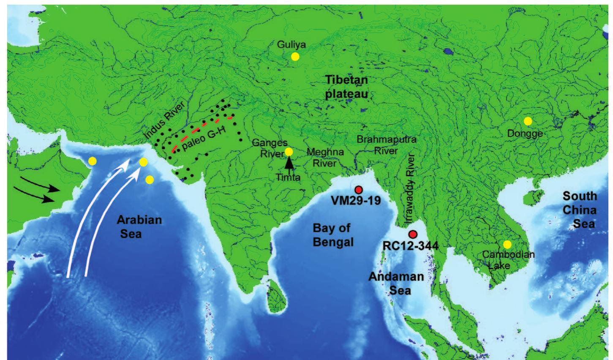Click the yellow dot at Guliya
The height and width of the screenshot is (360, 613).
pyautogui.click(x=295, y=56)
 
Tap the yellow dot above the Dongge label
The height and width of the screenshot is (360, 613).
pyautogui.click(x=528, y=121)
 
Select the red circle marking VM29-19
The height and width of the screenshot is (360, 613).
pyautogui.click(x=359, y=190)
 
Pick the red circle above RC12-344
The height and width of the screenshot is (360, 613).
pyautogui.click(x=413, y=235)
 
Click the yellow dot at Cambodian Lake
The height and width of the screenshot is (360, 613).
pyautogui.click(x=507, y=244)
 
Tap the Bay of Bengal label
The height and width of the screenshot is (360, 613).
pyautogui.click(x=332, y=235)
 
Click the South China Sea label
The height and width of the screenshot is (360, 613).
pyautogui.click(x=579, y=210)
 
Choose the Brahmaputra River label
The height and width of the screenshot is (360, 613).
pyautogui.click(x=380, y=144)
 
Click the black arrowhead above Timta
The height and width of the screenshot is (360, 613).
pyautogui.click(x=289, y=161)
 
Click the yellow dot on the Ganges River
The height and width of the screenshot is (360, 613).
pyautogui.click(x=289, y=152)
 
